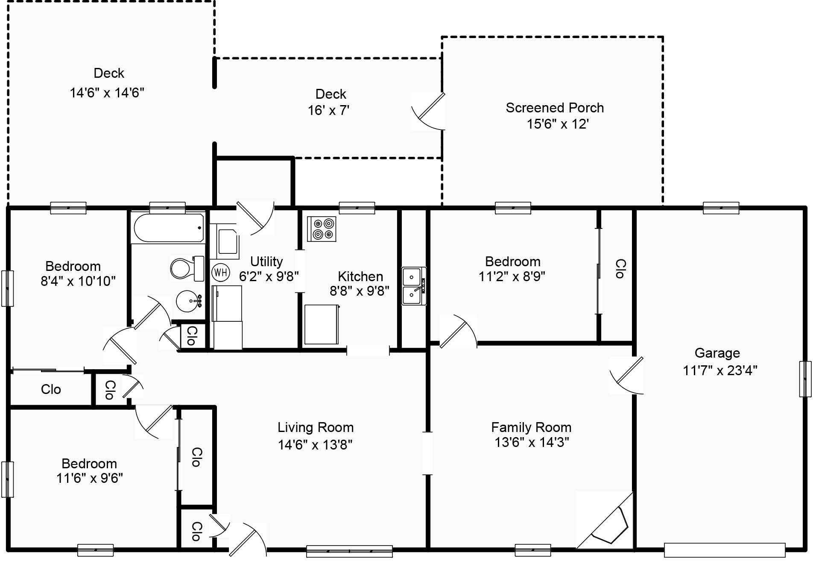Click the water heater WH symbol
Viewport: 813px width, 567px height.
220,272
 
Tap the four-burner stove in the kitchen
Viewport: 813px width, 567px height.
322,229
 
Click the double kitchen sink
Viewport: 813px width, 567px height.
413,286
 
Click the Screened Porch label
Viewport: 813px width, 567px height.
555,108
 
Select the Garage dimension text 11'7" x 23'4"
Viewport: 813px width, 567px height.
720,370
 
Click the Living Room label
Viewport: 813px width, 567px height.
316,427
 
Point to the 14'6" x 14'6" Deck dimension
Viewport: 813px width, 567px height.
107,92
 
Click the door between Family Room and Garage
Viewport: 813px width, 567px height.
626,375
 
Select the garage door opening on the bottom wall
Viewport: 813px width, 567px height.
725,549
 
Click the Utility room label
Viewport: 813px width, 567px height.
266,261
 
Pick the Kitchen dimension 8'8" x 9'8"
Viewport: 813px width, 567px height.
359,291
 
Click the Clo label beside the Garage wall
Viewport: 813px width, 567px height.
620,268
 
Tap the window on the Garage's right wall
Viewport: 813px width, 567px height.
805,379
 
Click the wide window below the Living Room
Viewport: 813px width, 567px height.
349,551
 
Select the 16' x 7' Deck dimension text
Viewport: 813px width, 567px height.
328,110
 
